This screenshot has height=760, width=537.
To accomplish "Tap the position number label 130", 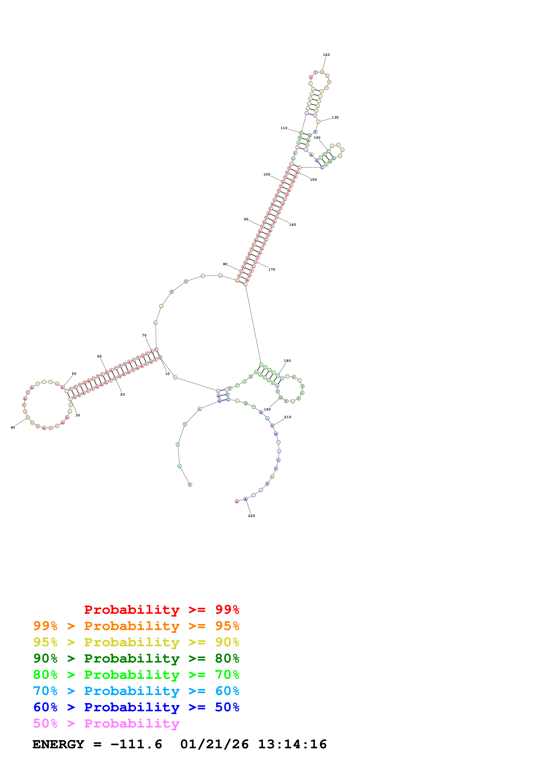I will [x=335, y=117].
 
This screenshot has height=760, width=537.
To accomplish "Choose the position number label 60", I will [x=99, y=357].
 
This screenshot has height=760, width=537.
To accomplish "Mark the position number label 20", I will [x=122, y=395].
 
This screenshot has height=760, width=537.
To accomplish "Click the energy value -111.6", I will [x=136, y=744].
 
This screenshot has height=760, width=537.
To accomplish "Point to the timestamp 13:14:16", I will [x=292, y=744].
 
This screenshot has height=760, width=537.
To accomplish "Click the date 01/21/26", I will [x=214, y=744].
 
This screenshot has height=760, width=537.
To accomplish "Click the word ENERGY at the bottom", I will [x=58, y=744].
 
